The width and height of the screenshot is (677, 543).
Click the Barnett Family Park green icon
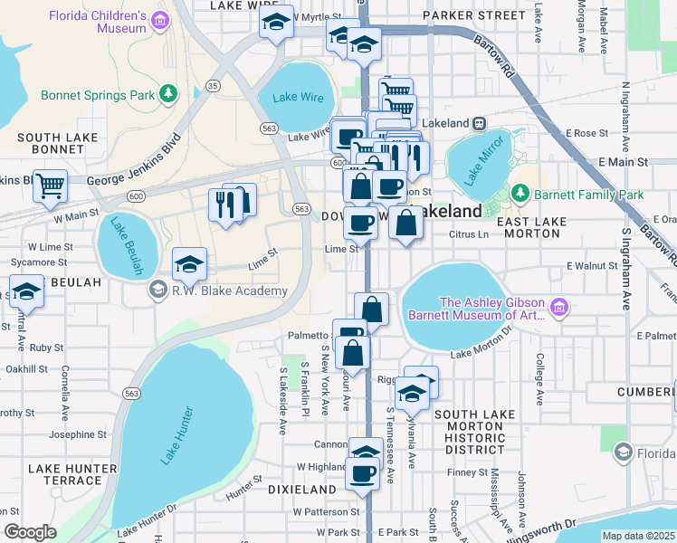pyautogui.click(x=520, y=194)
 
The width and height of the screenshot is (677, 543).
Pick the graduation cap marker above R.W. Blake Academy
pyautogui.click(x=189, y=263)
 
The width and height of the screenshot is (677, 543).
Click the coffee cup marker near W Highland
pyautogui.click(x=363, y=473)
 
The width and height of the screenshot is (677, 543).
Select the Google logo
pyautogui.click(x=30, y=532)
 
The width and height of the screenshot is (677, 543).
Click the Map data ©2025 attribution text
pyautogui.click(x=638, y=536)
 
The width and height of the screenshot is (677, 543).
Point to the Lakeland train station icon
pyautogui.click(x=480, y=122)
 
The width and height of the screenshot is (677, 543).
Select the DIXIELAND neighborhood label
pyautogui.click(x=302, y=489)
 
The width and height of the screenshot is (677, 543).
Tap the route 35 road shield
pyautogui.click(x=214, y=85)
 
